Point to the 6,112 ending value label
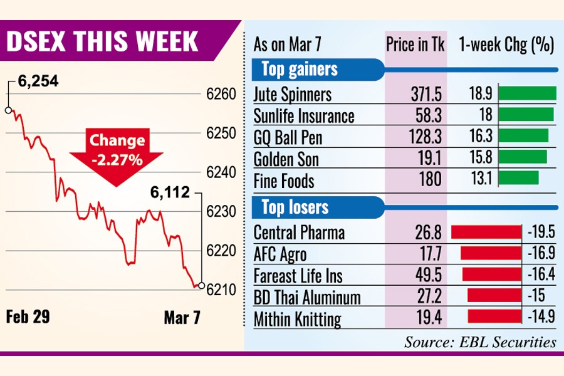[169, 194]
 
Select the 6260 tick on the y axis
[220, 95]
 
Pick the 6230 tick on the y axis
[220, 212]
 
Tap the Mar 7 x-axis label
[182, 317]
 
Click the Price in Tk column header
[415, 45]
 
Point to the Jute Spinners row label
[293, 95]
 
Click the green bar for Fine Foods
[519, 177]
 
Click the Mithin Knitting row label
[297, 318]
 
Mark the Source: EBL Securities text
[479, 342]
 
